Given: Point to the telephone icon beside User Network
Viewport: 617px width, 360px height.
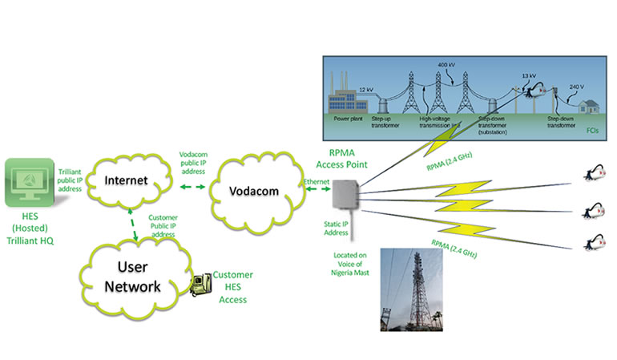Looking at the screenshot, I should [200, 283].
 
